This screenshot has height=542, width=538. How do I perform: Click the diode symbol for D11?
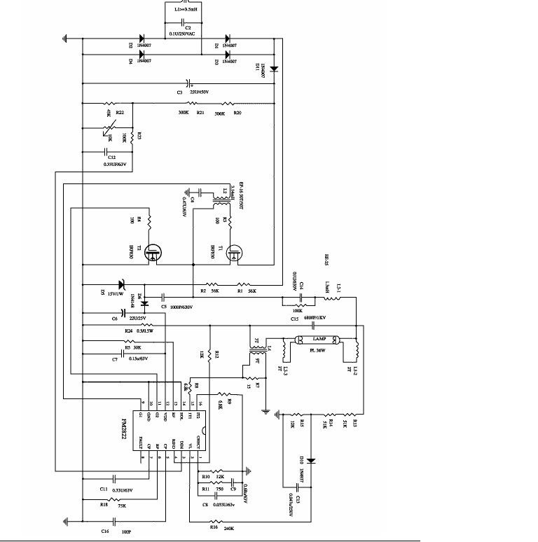274,69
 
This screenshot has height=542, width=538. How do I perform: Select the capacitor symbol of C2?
187,21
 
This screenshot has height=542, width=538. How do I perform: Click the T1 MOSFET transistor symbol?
233,254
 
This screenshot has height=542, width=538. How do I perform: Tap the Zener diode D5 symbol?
120,284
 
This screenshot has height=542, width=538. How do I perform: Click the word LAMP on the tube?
319,338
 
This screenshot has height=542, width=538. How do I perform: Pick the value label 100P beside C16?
126,533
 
